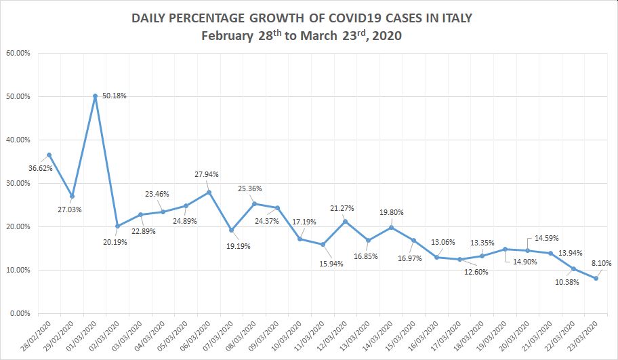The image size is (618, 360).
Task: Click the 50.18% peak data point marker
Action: (95, 96)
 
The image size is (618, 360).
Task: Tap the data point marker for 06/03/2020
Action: (209, 193)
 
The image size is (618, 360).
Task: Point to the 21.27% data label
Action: (342, 208)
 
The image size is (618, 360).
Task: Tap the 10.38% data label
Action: (566, 281)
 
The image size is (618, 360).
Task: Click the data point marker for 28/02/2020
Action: (49, 155)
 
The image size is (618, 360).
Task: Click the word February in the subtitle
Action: (227, 37)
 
